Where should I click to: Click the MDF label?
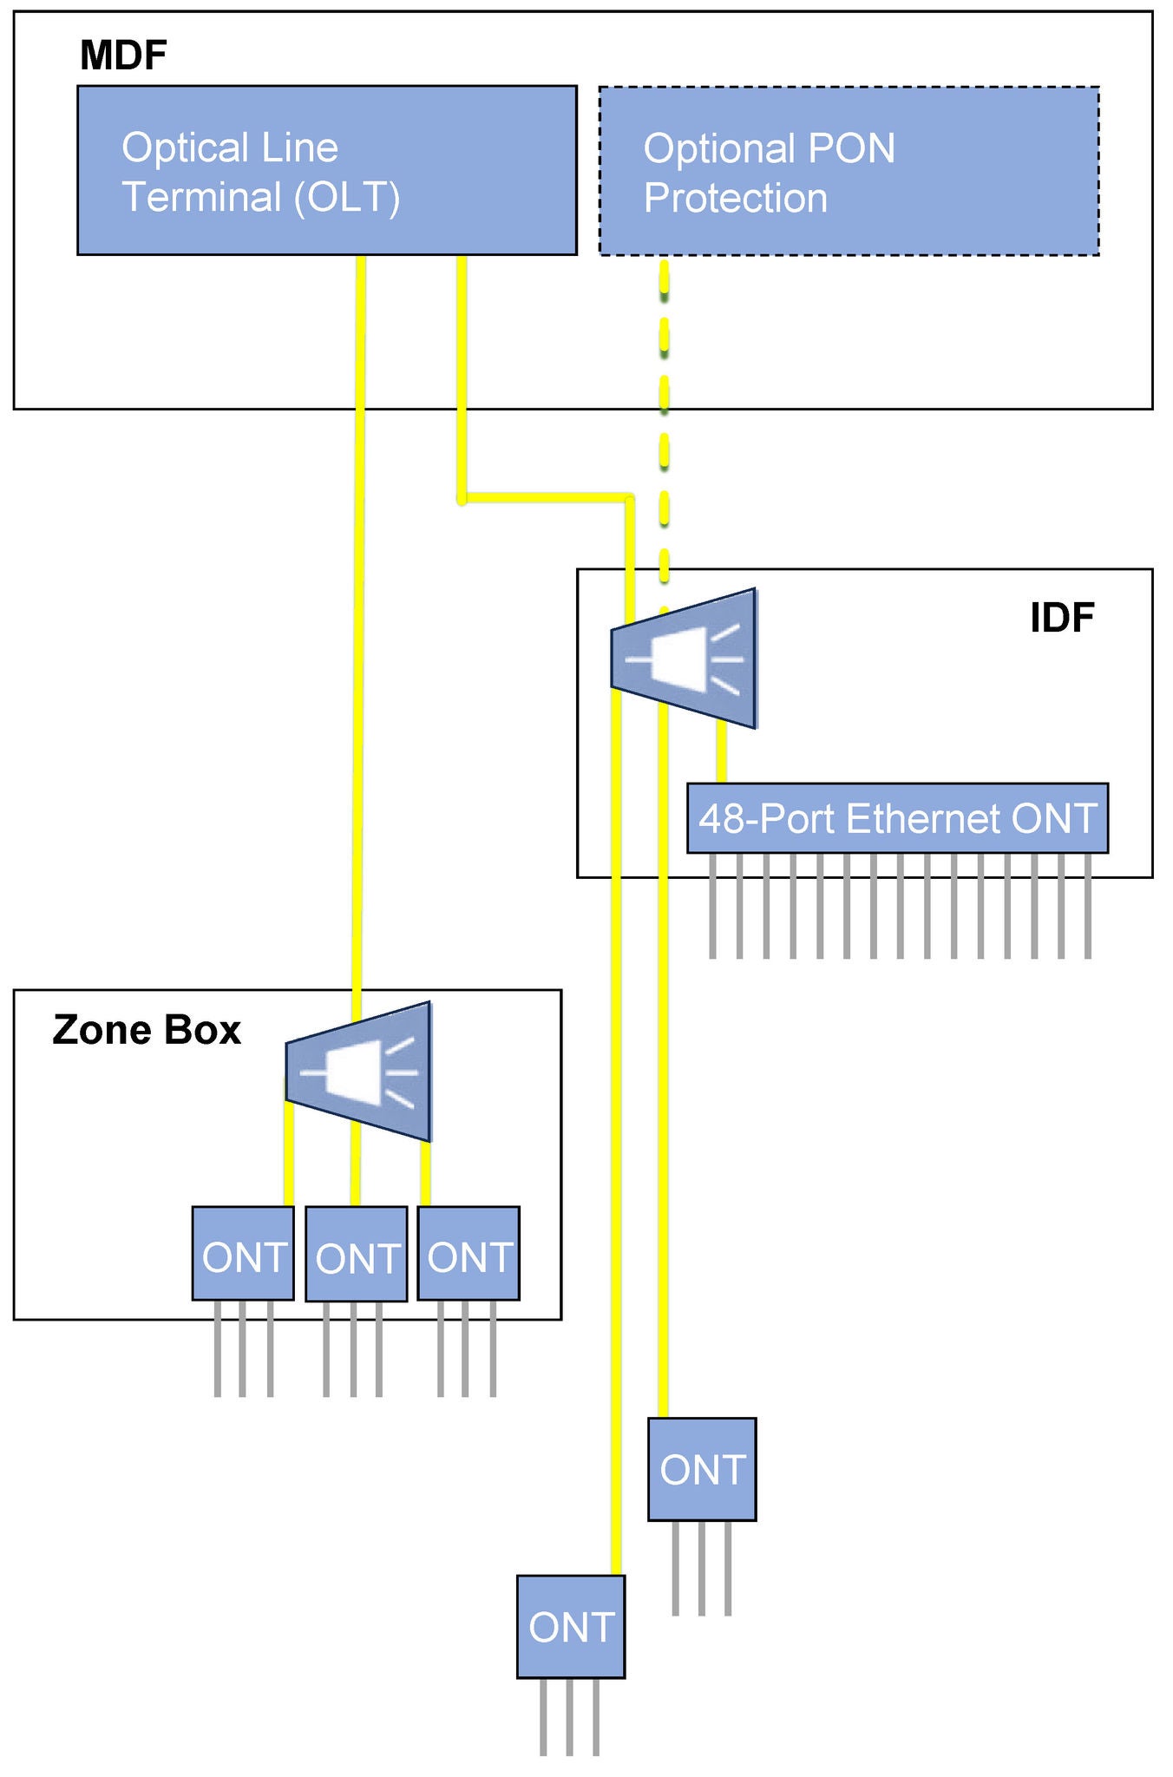pyautogui.click(x=123, y=56)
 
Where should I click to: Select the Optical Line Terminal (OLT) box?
pyautogui.click(x=326, y=170)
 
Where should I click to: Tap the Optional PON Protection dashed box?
pyautogui.click(x=849, y=171)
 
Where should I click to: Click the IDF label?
pyautogui.click(x=1061, y=618)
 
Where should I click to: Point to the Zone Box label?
pyautogui.click(x=147, y=1030)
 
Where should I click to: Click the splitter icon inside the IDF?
pyautogui.click(x=685, y=659)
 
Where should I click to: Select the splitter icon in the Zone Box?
pyautogui.click(x=359, y=1072)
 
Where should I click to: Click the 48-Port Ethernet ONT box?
pyautogui.click(x=897, y=818)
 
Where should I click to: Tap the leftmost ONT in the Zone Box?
pyautogui.click(x=243, y=1254)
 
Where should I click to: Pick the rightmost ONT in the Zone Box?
pyautogui.click(x=469, y=1254)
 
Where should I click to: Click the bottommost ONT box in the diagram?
pyautogui.click(x=570, y=1627)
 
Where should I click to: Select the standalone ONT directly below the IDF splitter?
pyautogui.click(x=702, y=1470)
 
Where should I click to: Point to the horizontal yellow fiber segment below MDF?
pyautogui.click(x=547, y=498)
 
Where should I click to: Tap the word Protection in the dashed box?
pyautogui.click(x=735, y=198)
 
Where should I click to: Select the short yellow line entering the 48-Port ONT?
pyautogui.click(x=721, y=755)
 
